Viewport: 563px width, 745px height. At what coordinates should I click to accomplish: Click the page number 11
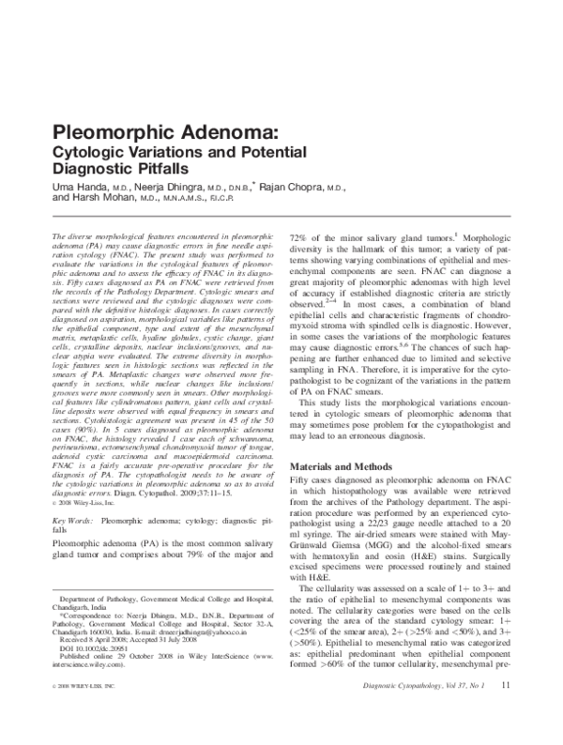pyautogui.click(x=505, y=712)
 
